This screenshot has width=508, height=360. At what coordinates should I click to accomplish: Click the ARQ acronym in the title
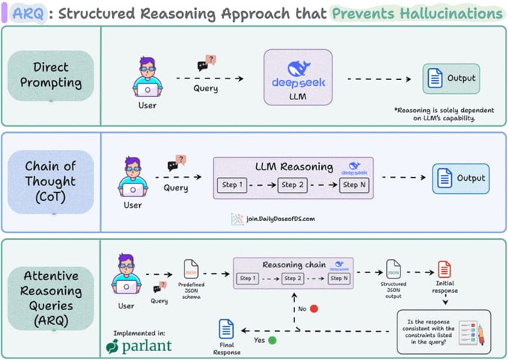[22, 13]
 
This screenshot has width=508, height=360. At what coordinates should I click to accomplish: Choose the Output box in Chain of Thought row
[460, 179]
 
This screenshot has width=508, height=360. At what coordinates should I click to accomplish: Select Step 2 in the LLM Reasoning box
[292, 184]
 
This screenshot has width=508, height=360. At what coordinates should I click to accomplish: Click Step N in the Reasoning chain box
[339, 279]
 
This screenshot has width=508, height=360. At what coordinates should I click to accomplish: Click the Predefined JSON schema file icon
[191, 270]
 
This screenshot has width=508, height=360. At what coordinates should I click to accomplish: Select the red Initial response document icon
[444, 270]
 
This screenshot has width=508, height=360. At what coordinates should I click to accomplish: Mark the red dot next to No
[314, 307]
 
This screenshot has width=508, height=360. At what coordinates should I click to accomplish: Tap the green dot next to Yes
[272, 340]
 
